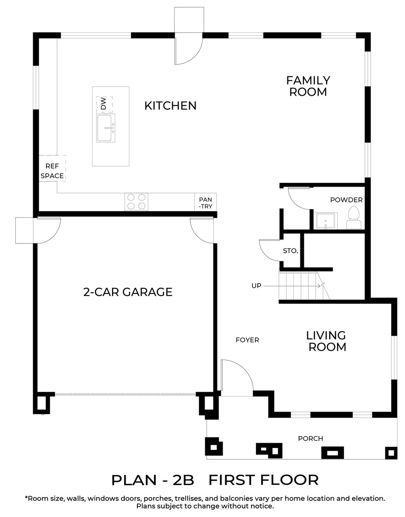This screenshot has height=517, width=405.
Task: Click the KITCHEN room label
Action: click(170, 106)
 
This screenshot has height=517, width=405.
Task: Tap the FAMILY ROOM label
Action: click(308, 86)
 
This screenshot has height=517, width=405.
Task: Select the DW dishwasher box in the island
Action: click(104, 105)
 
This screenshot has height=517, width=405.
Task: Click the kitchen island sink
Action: click(106, 128)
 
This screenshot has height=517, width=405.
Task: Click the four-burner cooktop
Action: click(136, 202)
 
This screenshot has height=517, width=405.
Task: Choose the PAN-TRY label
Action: click(205, 203)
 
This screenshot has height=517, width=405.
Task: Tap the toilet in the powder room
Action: click(354, 218)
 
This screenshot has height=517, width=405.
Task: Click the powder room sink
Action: click(325, 221)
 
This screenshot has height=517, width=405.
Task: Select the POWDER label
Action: click(346, 200)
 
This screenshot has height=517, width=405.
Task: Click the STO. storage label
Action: click(291, 251)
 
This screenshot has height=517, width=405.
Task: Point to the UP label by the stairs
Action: click(256, 286)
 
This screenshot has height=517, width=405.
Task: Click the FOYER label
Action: click(247, 340)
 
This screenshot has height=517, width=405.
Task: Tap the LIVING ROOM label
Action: click(326, 341)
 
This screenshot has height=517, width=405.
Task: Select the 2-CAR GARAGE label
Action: click(128, 292)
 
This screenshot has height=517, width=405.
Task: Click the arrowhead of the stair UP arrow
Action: click(319, 286)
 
